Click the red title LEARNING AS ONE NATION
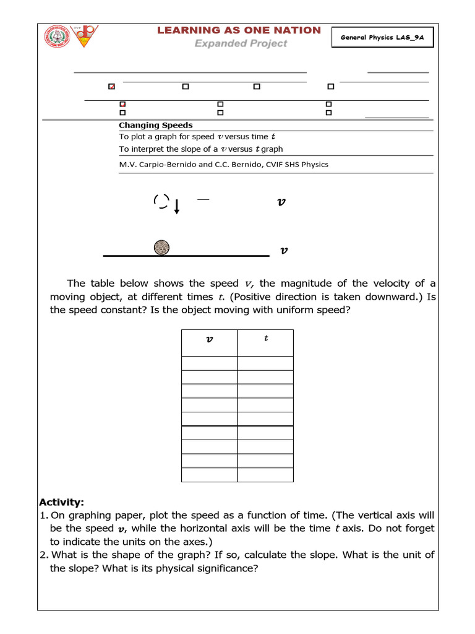coord(239,30)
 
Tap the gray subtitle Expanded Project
coord(241,43)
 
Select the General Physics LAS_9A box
coord(382,38)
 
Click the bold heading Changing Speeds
coord(155,125)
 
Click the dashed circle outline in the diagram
coord(161,201)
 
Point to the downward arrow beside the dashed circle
coord(177,206)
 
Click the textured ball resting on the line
coord(161,247)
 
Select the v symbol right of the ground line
coord(284,251)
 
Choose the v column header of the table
coord(209,339)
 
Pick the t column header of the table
coord(266,339)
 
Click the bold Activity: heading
coord(61,502)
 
